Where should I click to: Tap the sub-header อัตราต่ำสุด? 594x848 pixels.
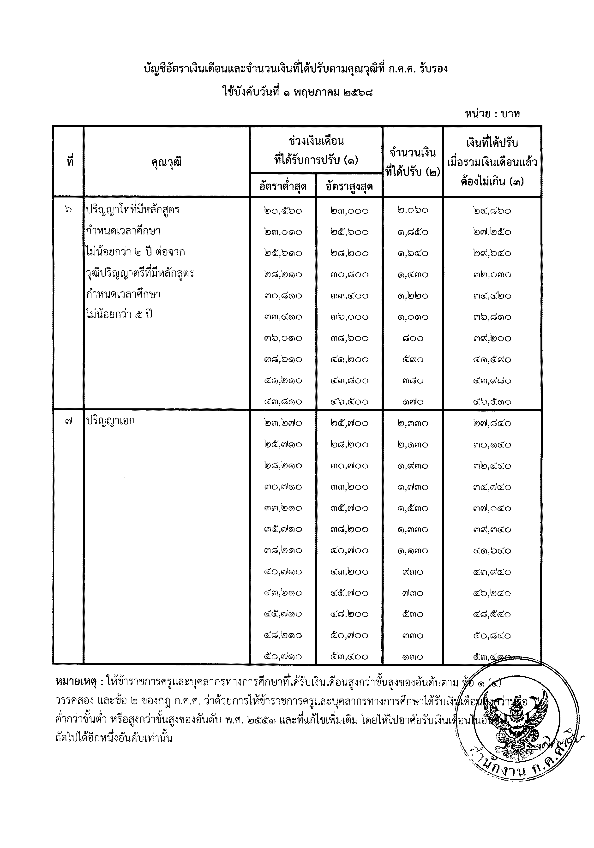tap(283, 186)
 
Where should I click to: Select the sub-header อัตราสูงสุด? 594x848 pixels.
tap(349, 186)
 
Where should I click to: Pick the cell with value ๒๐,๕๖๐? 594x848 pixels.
tap(283, 211)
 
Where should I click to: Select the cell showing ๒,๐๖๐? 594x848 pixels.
tap(413, 210)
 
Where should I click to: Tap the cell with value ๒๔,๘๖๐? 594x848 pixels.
tap(492, 211)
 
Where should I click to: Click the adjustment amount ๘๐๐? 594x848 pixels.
tap(413, 338)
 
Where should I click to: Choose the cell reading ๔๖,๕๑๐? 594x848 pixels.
tap(492, 401)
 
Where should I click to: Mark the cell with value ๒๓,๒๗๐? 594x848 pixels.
tap(283, 423)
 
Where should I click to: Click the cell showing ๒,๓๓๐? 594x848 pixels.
tap(413, 423)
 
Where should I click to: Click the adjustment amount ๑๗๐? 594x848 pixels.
tap(413, 401)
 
